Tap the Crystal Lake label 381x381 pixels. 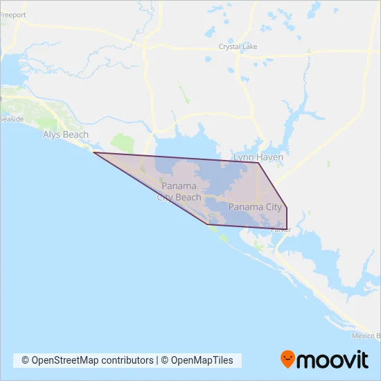[x=238, y=47]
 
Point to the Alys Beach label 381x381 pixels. [x=65, y=134]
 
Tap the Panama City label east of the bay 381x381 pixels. [x=255, y=206]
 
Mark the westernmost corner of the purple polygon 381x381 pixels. [x=94, y=152]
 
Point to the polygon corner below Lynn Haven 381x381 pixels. [x=259, y=163]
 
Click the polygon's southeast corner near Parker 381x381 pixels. [x=287, y=228]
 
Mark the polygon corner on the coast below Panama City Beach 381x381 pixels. [x=206, y=224]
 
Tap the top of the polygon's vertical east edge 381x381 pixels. [x=287, y=206]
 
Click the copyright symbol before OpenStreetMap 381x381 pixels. [x=26, y=360]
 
